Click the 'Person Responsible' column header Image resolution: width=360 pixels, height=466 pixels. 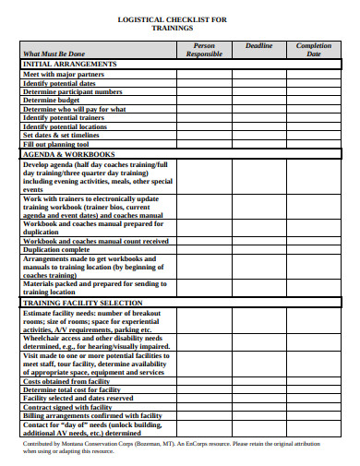click(x=204, y=49)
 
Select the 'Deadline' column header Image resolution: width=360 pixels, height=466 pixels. click(x=258, y=45)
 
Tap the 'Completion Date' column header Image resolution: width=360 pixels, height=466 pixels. click(x=313, y=49)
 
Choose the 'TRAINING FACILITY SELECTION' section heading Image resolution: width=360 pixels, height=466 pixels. click(x=82, y=302)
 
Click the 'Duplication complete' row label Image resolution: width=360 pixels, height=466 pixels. click(x=56, y=249)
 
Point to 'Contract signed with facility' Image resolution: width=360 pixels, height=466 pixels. click(x=66, y=407)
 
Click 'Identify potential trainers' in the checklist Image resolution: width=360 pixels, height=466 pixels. click(x=66, y=117)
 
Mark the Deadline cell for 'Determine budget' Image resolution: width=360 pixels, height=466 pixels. click(x=258, y=100)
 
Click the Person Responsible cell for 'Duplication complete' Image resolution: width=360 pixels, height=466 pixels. click(x=204, y=249)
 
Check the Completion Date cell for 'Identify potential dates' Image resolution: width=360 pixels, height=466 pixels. click(x=313, y=82)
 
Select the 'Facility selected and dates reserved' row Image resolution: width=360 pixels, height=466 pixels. click(x=78, y=399)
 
